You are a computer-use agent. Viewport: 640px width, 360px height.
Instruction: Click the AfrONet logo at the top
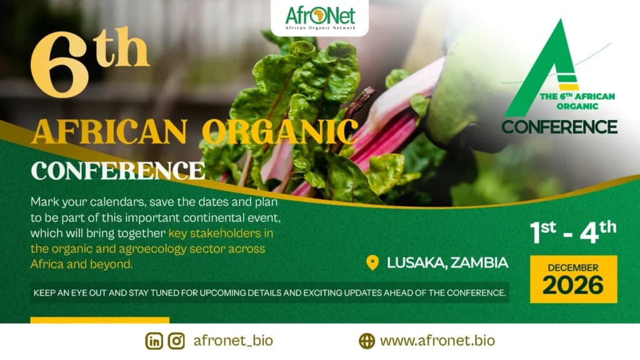[x=319, y=17]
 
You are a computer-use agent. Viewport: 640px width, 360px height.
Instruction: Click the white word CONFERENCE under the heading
[x=118, y=170]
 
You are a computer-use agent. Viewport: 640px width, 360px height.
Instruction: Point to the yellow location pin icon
[x=372, y=262]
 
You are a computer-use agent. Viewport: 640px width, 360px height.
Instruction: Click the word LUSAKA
[x=414, y=262]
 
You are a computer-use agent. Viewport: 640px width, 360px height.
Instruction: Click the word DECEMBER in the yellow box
[x=573, y=267]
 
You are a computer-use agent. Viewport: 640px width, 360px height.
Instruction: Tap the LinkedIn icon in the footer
[x=154, y=341]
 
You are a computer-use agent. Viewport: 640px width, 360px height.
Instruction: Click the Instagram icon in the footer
[x=177, y=341]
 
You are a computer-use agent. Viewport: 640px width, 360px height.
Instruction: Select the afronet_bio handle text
[x=233, y=341]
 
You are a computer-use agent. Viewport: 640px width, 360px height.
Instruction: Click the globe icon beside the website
[x=367, y=341]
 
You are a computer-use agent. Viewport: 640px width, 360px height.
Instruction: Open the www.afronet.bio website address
[x=437, y=341]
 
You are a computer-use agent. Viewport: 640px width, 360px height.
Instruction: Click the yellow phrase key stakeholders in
[x=221, y=234]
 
